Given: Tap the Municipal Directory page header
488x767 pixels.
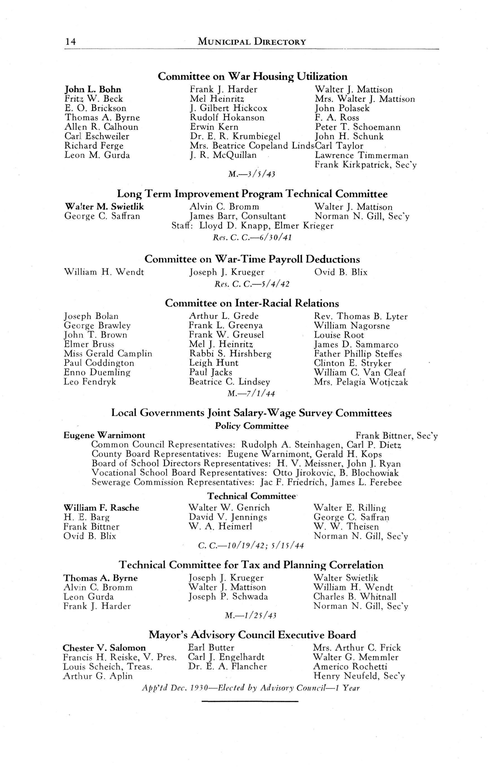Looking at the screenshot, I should tap(252, 42).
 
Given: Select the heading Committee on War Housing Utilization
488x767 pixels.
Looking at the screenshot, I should tap(253, 77).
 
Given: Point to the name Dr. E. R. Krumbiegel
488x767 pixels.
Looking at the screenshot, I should tap(235, 137).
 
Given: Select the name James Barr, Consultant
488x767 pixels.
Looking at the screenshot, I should tap(238, 216).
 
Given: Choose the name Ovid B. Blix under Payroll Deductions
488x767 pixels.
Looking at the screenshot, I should tap(341, 272).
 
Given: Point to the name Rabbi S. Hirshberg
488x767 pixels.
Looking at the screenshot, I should tap(230, 354).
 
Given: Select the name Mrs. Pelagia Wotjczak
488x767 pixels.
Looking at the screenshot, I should tap(361, 382).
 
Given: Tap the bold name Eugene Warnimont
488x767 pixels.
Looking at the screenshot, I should tap(105, 435).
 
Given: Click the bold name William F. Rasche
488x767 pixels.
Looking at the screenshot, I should tap(102, 508).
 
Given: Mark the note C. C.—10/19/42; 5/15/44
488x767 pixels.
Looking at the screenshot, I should tap(251, 546).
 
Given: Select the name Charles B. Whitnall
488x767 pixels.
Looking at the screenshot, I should tap(355, 597).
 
